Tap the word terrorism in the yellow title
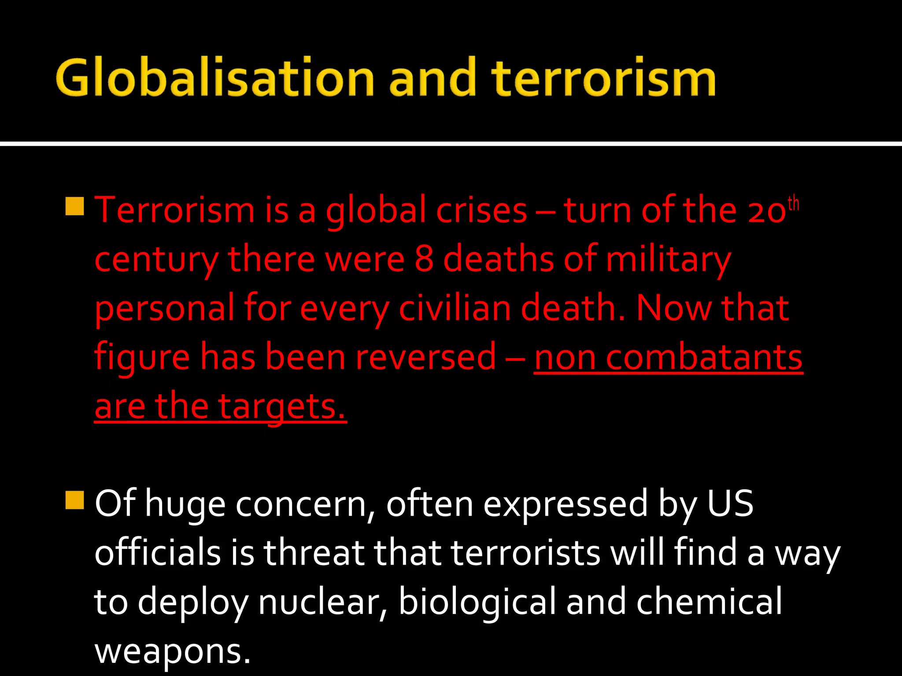click(603, 78)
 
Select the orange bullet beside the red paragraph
click(74, 206)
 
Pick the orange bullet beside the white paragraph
click(74, 500)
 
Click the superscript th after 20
click(793, 204)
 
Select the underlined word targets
click(282, 406)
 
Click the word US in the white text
click(730, 503)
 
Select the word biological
click(477, 602)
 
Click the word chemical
click(709, 602)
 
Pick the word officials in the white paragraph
click(157, 553)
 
